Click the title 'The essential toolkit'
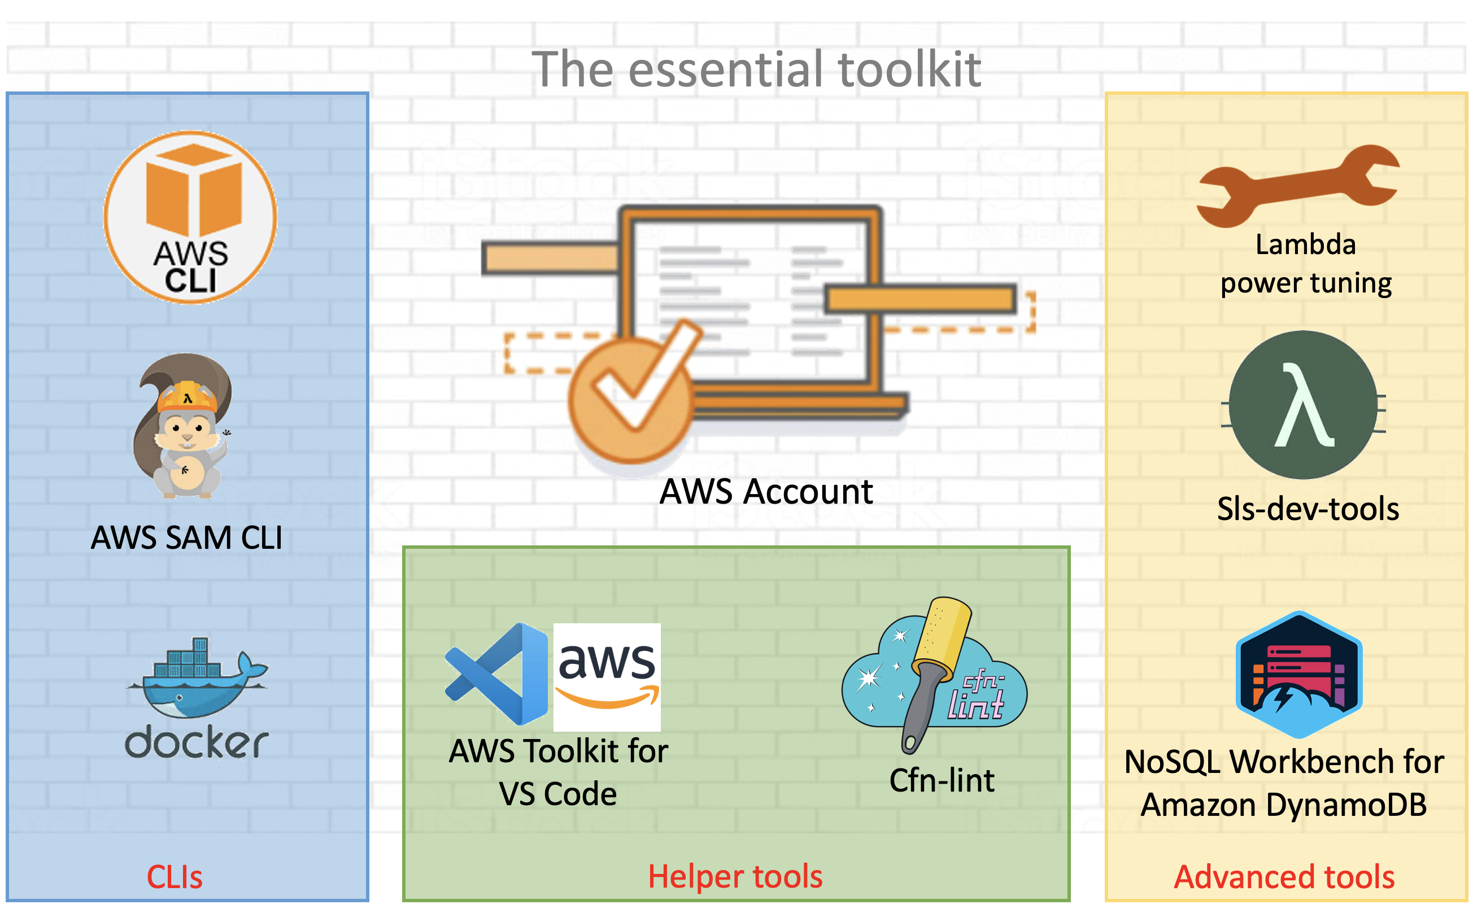756,69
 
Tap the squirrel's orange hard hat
187,397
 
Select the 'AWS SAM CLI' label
186,537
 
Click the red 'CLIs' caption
175,876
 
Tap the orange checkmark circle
630,400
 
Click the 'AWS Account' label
765,491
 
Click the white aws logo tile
607,676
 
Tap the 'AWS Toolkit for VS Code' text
559,772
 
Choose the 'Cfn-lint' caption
942,780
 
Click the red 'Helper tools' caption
735,876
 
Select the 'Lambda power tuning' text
1305,263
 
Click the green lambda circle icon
1303,405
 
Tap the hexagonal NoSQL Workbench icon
1298,675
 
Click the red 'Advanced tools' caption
1284,876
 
